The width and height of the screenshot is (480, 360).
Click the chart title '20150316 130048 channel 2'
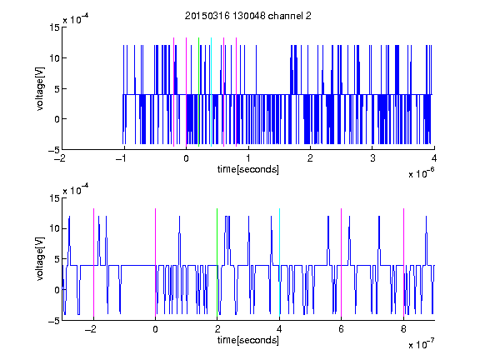click(248, 16)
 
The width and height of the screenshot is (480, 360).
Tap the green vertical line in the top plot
click(198, 92)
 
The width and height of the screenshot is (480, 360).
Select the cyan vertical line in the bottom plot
click(279, 262)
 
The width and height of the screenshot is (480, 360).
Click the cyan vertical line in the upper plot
click(211, 92)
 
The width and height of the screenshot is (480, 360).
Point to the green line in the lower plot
click(217, 262)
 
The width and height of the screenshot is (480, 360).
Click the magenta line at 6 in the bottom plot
click(342, 262)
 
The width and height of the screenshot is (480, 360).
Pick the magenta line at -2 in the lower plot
click(93, 262)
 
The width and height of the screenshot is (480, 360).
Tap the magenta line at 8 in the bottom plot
click(403, 262)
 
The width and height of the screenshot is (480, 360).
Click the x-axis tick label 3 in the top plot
click(372, 158)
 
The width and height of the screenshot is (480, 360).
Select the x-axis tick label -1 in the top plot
click(121, 158)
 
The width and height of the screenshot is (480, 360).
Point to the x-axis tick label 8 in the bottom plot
click(403, 329)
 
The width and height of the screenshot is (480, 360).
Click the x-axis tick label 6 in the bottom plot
click(342, 329)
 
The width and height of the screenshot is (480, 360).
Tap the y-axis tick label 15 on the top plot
click(55, 27)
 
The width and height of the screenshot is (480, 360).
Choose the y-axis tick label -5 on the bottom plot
click(54, 321)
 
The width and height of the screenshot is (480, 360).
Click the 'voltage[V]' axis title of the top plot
click(40, 89)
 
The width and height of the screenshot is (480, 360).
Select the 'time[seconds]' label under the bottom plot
click(248, 340)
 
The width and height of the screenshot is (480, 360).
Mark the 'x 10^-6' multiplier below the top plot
click(421, 172)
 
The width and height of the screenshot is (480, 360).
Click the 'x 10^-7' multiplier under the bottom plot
click(421, 343)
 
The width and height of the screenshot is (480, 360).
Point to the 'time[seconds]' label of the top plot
click(248, 169)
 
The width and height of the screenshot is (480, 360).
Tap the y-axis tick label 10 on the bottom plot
click(55, 228)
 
